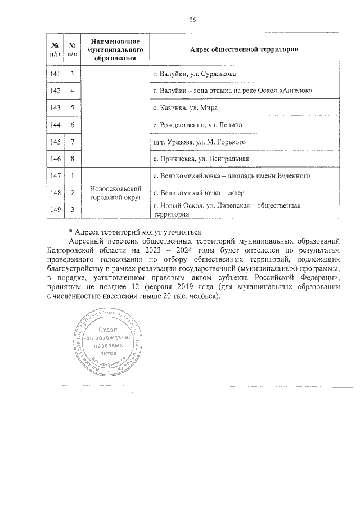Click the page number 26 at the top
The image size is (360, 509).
pos(192,20)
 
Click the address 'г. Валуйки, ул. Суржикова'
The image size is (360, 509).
pos(194,74)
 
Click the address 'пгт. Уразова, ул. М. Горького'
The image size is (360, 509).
pos(199,142)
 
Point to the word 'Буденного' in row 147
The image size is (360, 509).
pos(292,176)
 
